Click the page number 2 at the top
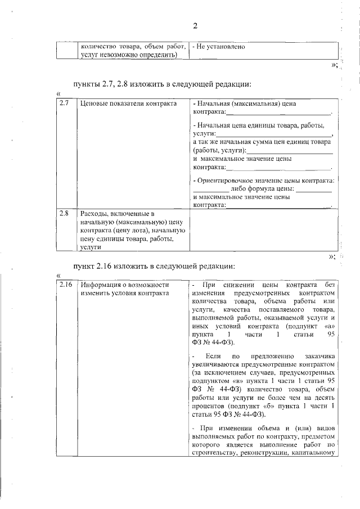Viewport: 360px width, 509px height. click(x=195, y=25)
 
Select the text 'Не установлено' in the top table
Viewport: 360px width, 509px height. click(x=221, y=47)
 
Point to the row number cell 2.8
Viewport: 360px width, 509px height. click(x=64, y=213)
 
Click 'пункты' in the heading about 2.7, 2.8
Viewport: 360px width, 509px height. click(x=85, y=84)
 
